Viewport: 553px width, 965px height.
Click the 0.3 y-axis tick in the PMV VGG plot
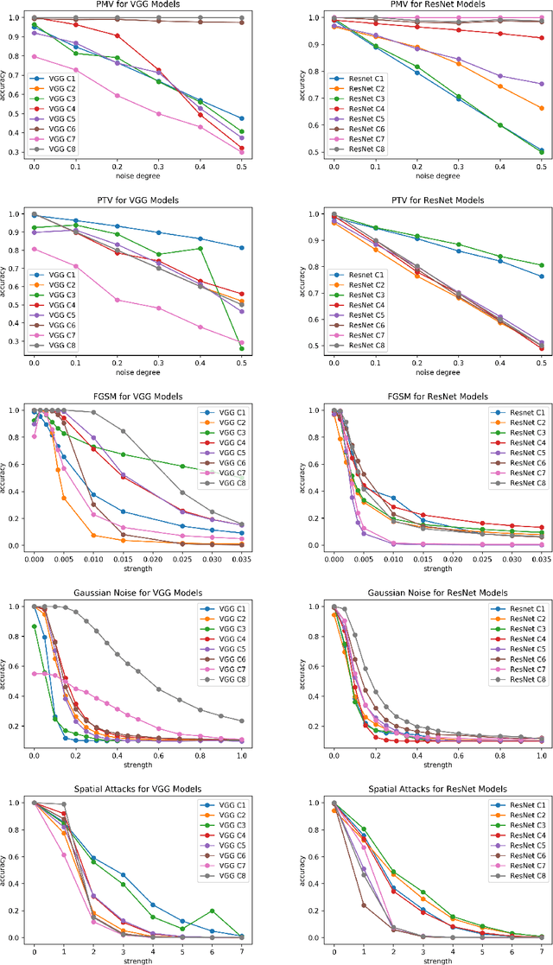12,152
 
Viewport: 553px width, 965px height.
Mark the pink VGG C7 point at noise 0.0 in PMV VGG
34,56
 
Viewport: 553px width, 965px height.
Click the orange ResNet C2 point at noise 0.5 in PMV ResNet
541,108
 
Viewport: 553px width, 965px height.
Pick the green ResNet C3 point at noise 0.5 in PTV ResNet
541,265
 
